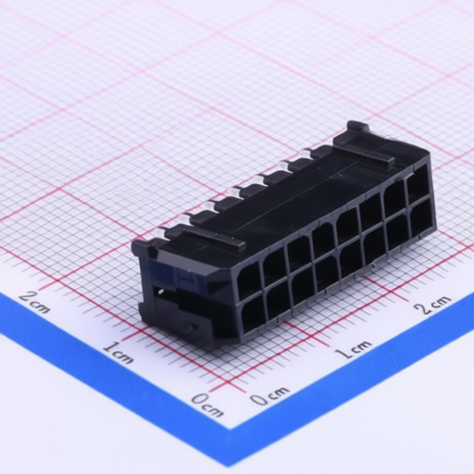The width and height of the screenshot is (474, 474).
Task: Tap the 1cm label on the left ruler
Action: point(117,351)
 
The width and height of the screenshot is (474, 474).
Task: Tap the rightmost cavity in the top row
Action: point(418,181)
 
